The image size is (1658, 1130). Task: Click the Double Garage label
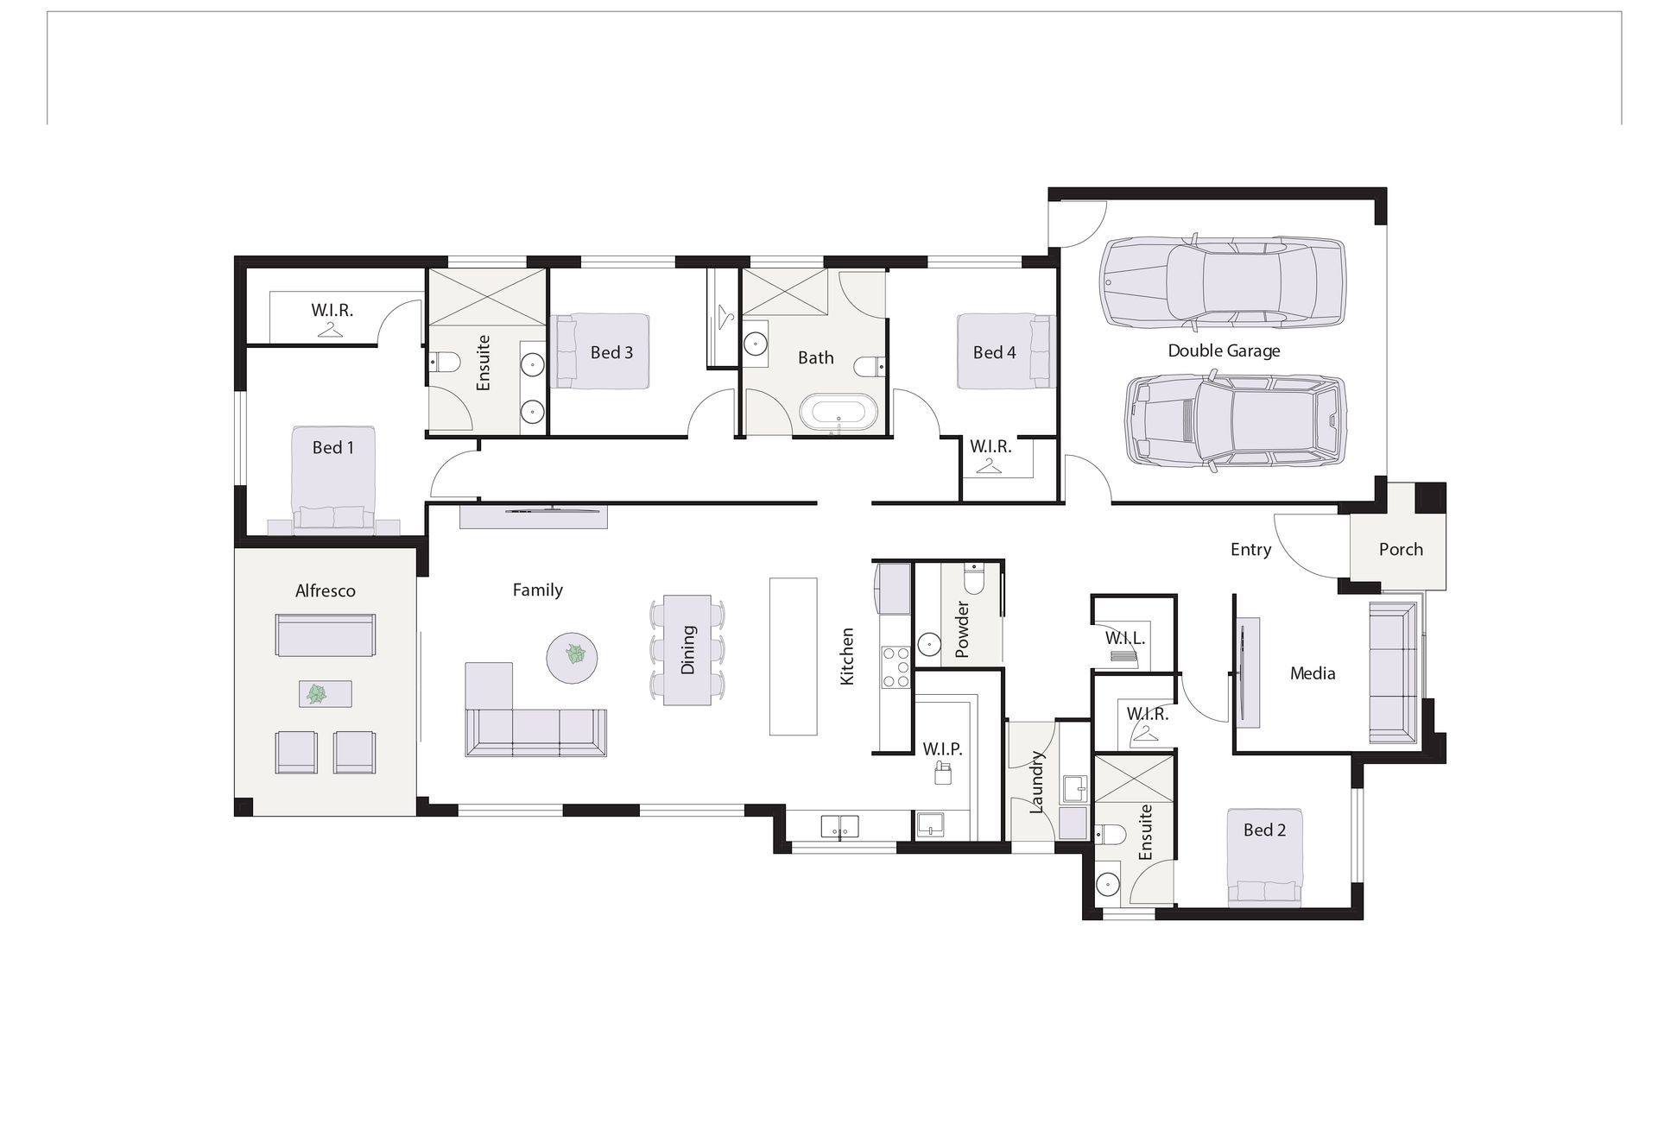(x=1224, y=350)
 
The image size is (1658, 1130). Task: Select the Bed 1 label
(x=332, y=447)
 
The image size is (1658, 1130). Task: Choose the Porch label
(x=1400, y=549)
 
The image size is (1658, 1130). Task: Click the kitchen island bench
(x=793, y=656)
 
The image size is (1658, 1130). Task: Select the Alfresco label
(x=325, y=590)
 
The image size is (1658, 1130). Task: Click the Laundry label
(x=1037, y=782)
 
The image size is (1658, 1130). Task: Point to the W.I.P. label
(x=941, y=748)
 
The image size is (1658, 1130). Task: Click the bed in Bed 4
(x=1006, y=351)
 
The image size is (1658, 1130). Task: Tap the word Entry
(x=1250, y=549)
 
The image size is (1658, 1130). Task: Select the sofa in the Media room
(x=1393, y=672)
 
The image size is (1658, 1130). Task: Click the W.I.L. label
(x=1124, y=639)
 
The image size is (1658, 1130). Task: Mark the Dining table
(x=687, y=649)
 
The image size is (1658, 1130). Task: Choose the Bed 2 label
(x=1264, y=830)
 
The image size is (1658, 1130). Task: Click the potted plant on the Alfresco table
(x=318, y=693)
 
